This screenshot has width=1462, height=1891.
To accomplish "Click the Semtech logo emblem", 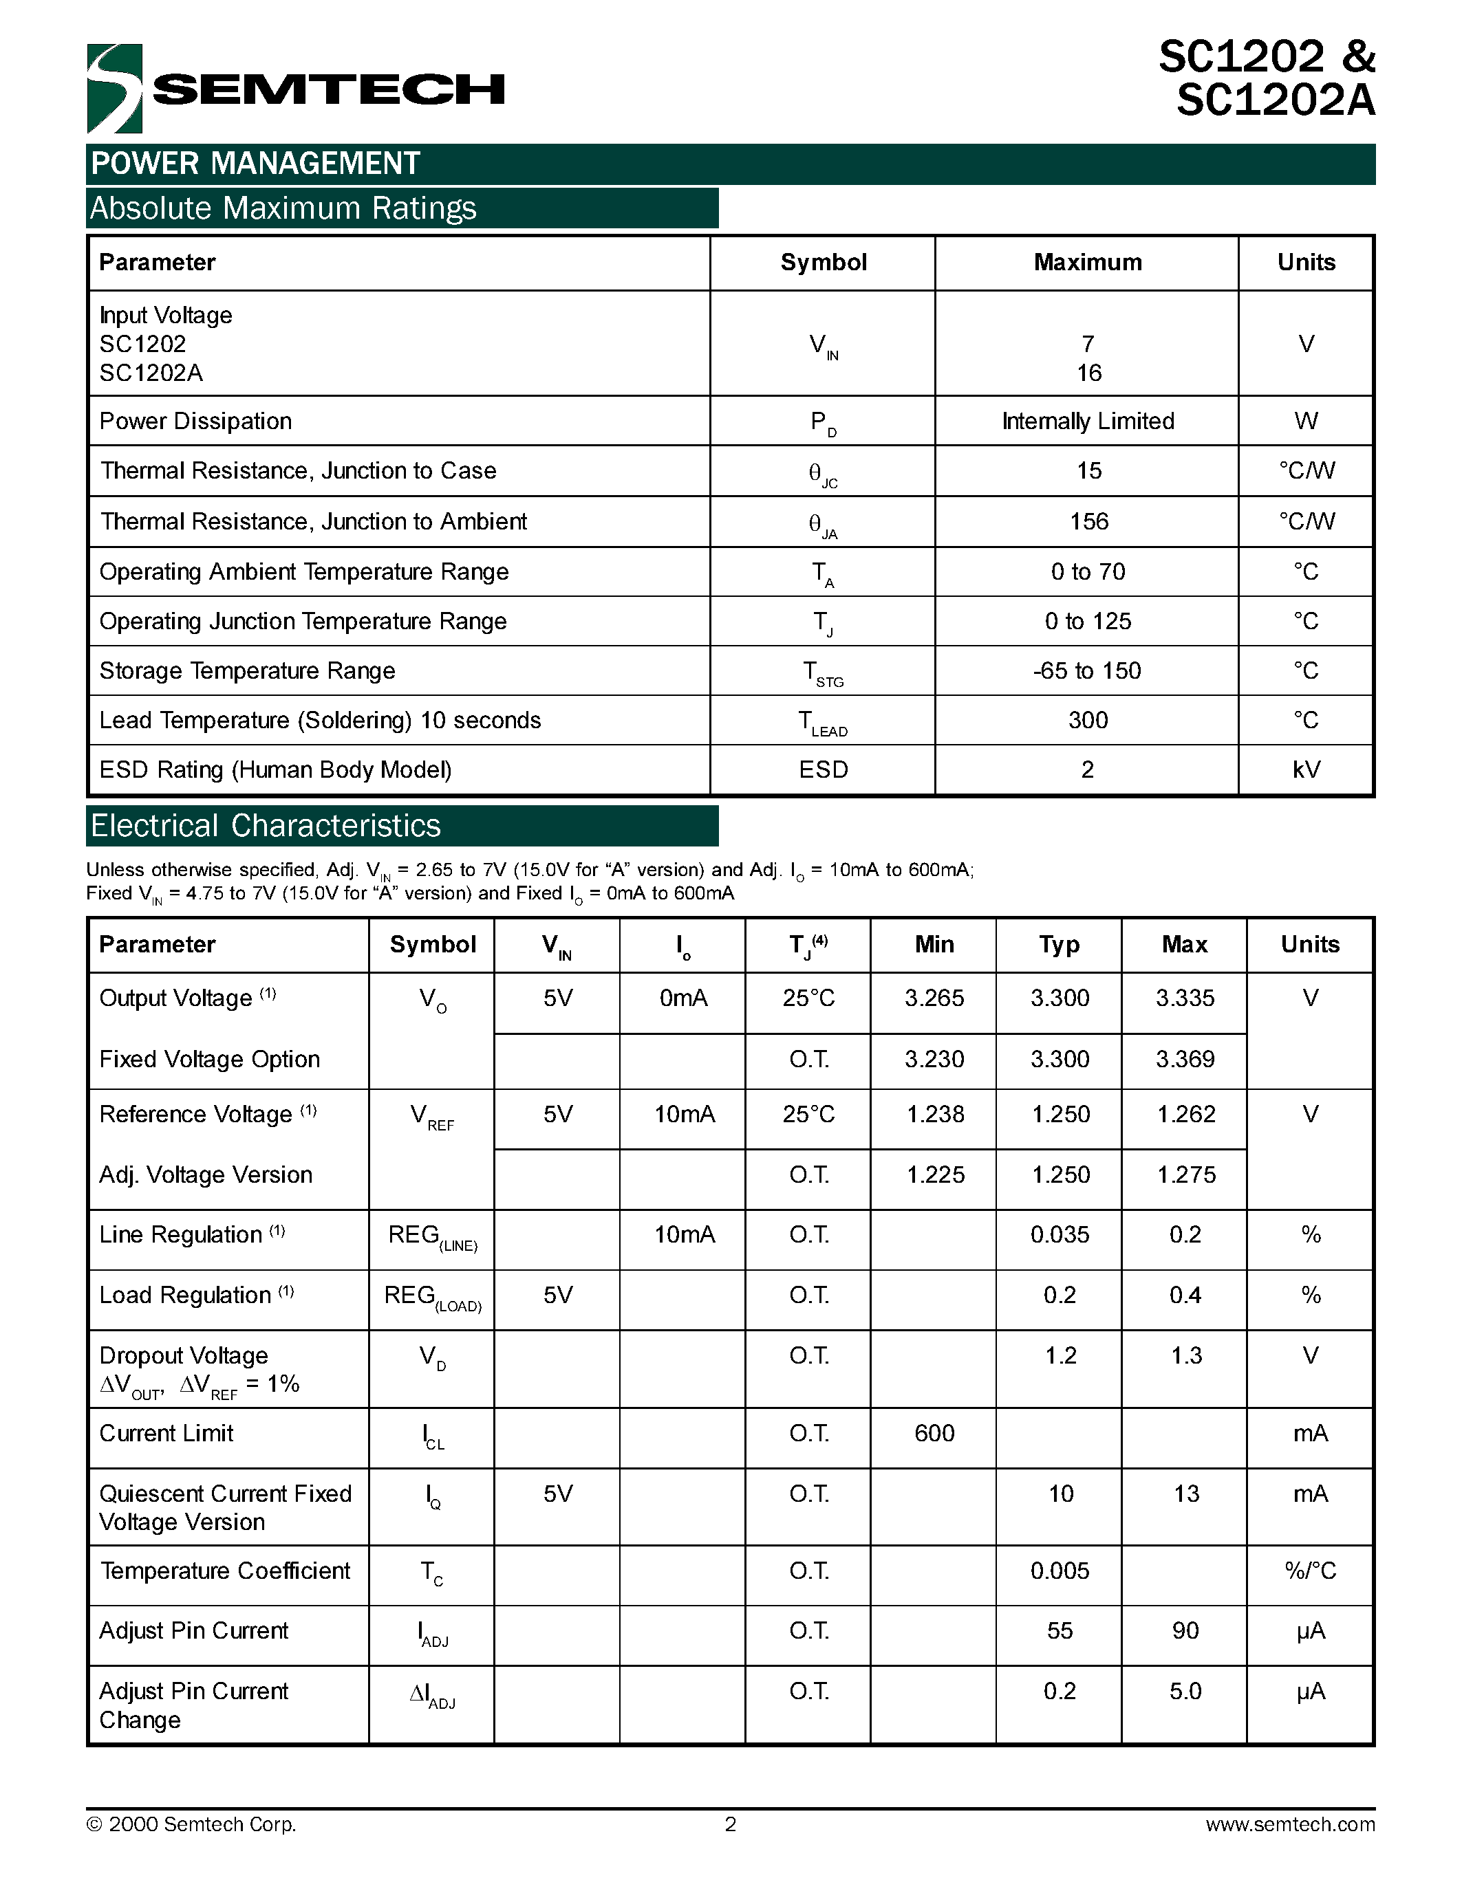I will (114, 88).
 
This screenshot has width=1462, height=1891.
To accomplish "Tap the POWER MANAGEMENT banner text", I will (255, 164).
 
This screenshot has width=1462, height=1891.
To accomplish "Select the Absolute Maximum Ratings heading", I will (283, 208).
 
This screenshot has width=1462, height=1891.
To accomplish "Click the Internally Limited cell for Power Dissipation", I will (1087, 421).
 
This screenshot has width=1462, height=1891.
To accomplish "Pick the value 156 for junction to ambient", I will (1088, 521).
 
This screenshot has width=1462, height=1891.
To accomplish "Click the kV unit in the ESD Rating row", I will (1305, 769).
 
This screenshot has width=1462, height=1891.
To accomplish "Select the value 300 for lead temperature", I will (1087, 721).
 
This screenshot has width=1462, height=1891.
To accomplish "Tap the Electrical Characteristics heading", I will (266, 826).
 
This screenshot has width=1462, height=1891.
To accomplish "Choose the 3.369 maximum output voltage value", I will (1184, 1059).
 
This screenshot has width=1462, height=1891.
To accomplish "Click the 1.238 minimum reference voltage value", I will (934, 1115).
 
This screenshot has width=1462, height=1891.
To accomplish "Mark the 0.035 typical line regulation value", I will (1060, 1235).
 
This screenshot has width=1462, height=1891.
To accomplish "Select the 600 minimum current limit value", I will (934, 1433).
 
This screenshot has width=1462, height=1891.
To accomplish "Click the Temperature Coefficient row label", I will (225, 1571).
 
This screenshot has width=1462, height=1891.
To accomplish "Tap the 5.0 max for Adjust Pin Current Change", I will (1184, 1691).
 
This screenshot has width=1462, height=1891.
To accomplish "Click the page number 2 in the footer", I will (730, 1824).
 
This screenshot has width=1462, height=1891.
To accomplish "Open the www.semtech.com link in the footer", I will (1289, 1824).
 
